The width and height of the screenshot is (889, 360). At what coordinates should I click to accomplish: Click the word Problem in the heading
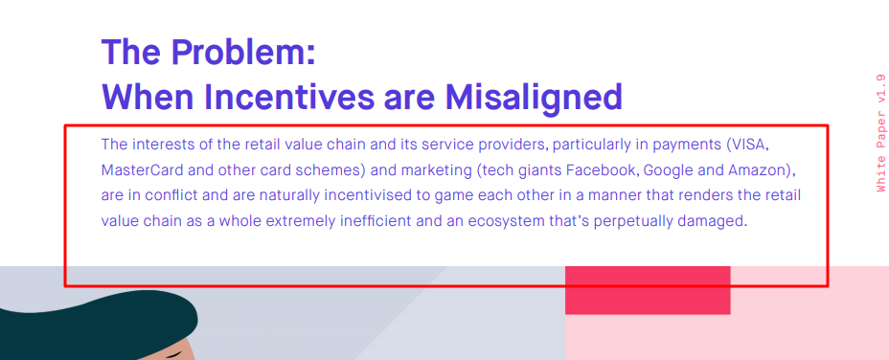click(x=243, y=52)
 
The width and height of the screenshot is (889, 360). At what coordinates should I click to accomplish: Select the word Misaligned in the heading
click(x=534, y=98)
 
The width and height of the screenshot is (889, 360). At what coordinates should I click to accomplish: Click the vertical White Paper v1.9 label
click(x=880, y=133)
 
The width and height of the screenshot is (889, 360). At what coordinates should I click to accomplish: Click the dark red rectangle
click(x=648, y=290)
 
